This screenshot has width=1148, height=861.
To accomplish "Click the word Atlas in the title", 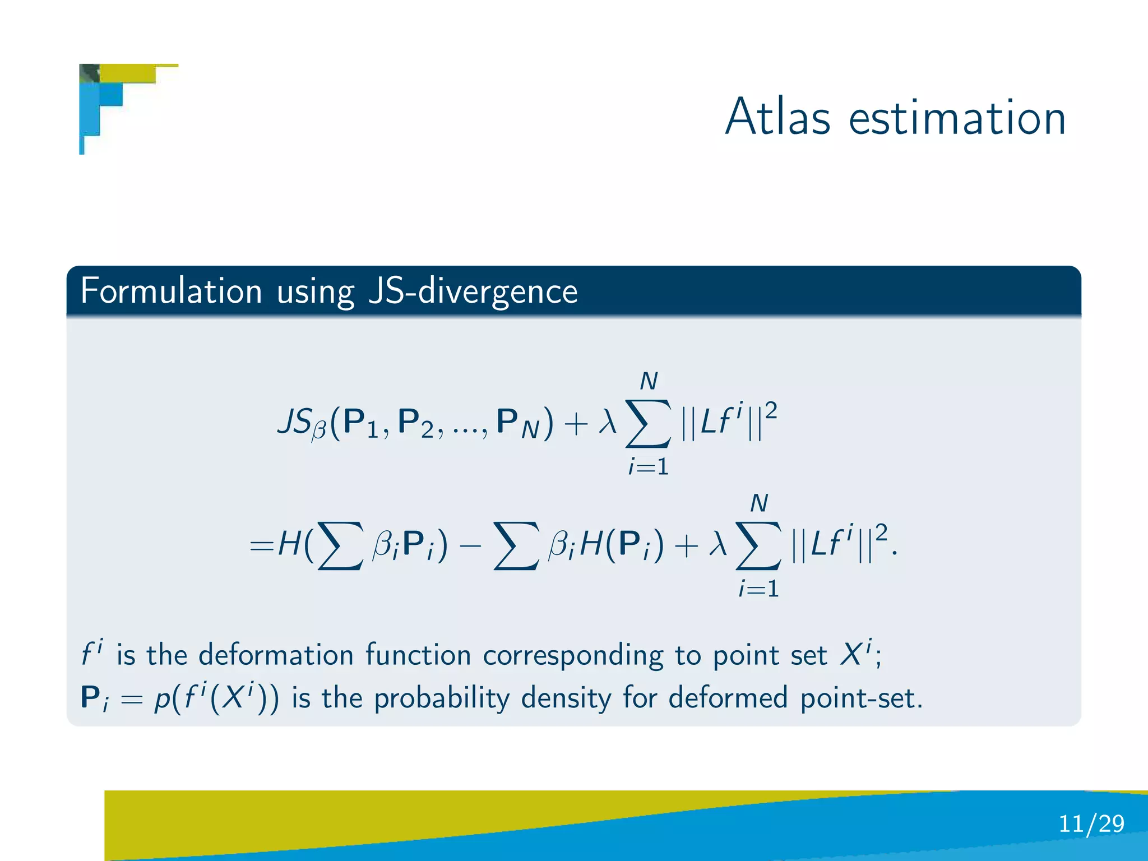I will click(777, 117).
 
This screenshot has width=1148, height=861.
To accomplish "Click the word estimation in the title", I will click(957, 118).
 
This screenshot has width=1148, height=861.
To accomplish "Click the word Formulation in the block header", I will click(171, 291).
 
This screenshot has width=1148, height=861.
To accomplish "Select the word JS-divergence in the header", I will click(473, 292).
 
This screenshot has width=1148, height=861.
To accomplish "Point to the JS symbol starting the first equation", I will click(295, 422).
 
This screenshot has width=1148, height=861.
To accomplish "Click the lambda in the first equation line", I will click(607, 422).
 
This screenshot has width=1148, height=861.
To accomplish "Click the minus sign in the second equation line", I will click(470, 545).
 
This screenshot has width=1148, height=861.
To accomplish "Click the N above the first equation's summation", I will click(649, 382).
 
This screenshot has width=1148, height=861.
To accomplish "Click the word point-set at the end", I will click(860, 698).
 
